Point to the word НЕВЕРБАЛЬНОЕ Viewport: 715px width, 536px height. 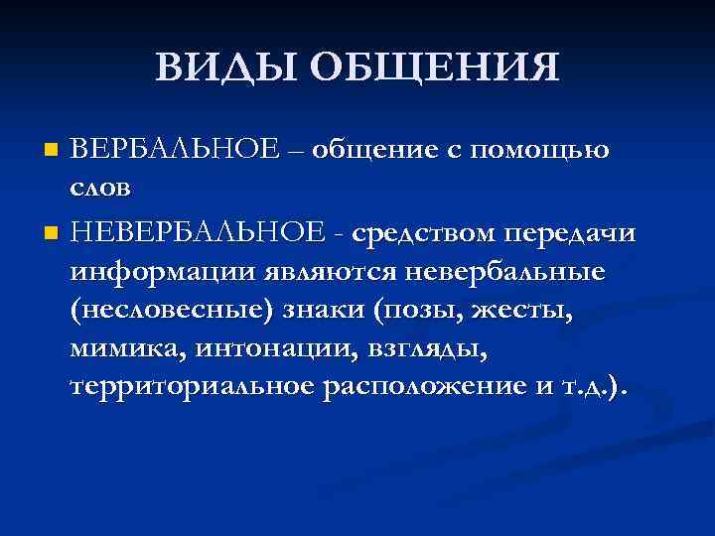tap(198, 233)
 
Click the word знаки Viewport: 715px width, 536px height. tap(322, 309)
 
